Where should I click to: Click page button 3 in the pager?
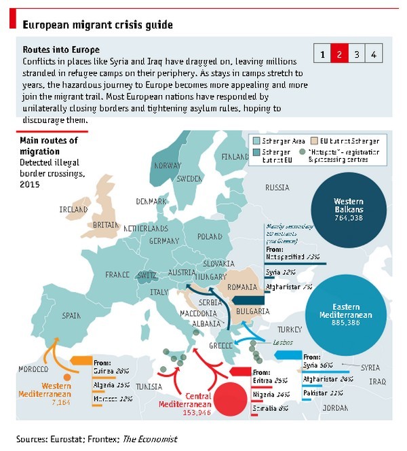[x=356, y=54]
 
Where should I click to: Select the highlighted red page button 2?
[x=340, y=54]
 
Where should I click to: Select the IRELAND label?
[x=74, y=210]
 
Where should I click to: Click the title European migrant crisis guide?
[x=98, y=24]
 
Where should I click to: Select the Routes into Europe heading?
[x=61, y=50]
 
